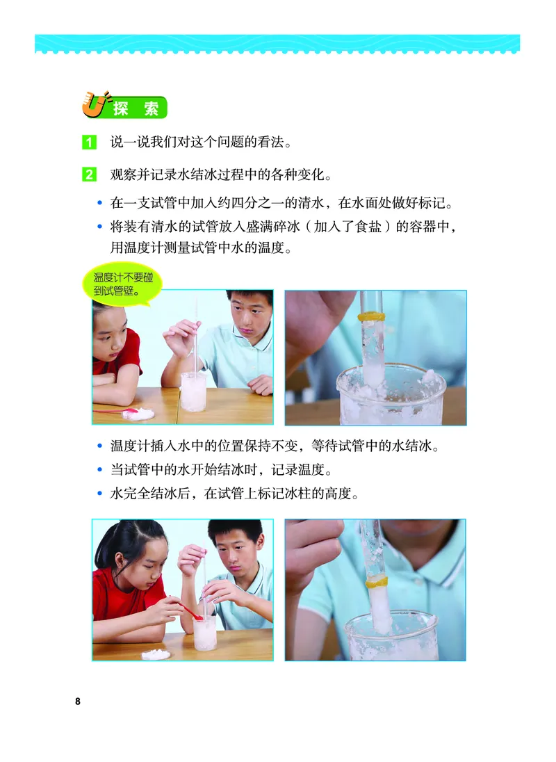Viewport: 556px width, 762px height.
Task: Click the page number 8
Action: [x=78, y=700]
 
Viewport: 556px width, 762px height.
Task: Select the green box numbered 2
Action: [x=90, y=174]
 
